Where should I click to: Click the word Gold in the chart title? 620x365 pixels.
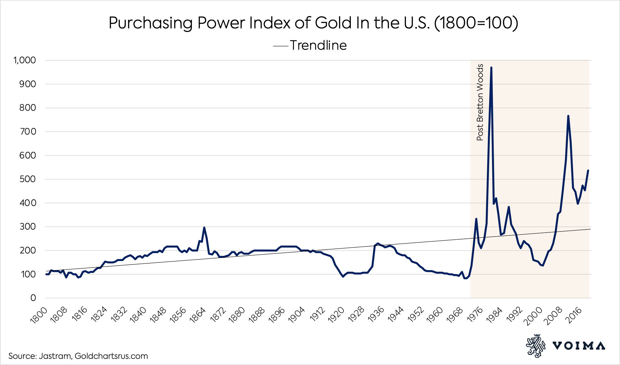333,23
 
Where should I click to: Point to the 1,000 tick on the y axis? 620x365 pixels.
25,60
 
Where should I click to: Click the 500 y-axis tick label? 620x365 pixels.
28,179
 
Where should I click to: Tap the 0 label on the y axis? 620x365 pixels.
33,298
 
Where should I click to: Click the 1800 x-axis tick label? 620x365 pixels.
39,316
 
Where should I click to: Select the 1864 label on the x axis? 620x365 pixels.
198,316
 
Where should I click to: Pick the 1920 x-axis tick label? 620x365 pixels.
336,316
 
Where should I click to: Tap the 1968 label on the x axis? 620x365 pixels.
455,316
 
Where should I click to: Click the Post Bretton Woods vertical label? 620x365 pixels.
480,102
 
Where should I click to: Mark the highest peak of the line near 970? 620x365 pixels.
491,68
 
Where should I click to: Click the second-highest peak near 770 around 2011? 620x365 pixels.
568,116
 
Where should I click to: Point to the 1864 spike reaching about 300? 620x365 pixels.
204,228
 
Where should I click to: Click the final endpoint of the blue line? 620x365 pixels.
588,171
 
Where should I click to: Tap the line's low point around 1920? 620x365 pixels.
343,276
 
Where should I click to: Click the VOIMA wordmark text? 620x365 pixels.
579,346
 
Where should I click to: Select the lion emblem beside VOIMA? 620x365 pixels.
535,346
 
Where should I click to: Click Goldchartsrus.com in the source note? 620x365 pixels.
111,356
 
